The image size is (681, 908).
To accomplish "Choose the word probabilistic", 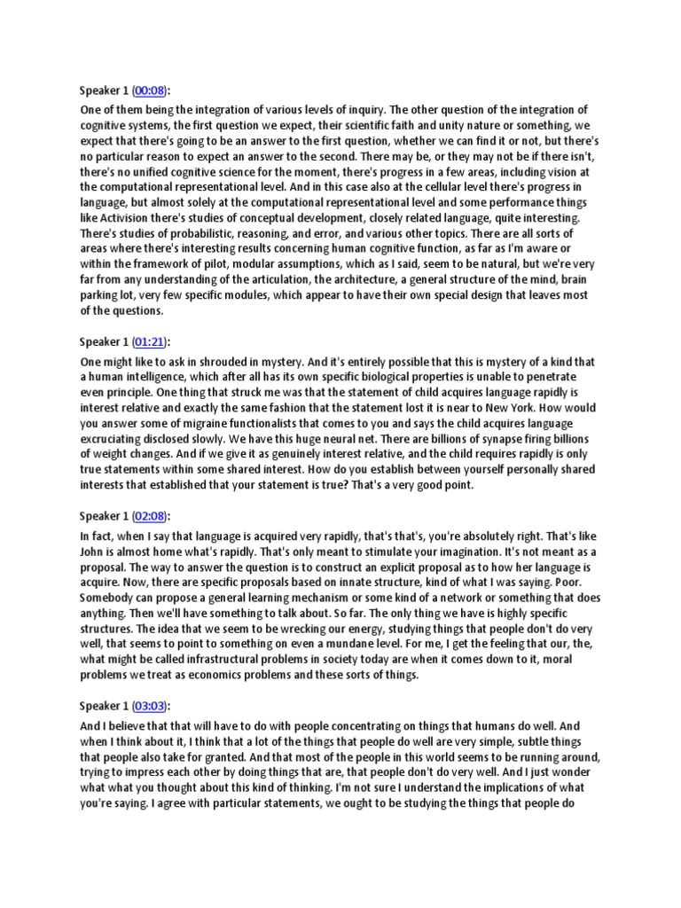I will pyautogui.click(x=177, y=233).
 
